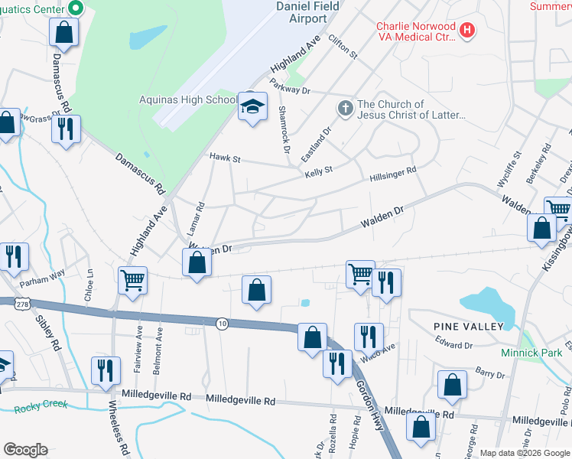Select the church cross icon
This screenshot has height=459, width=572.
tap(345, 109)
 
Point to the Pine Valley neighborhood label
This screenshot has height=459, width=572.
tap(468, 327)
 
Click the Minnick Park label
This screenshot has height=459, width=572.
tap(531, 353)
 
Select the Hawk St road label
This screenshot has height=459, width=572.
tap(226, 159)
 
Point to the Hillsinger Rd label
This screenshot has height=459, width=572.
tap(392, 174)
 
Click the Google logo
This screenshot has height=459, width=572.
tap(25, 450)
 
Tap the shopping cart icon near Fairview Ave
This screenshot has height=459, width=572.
tap(133, 281)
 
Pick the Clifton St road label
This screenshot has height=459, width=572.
tap(343, 46)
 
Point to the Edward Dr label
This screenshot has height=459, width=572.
tap(458, 346)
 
